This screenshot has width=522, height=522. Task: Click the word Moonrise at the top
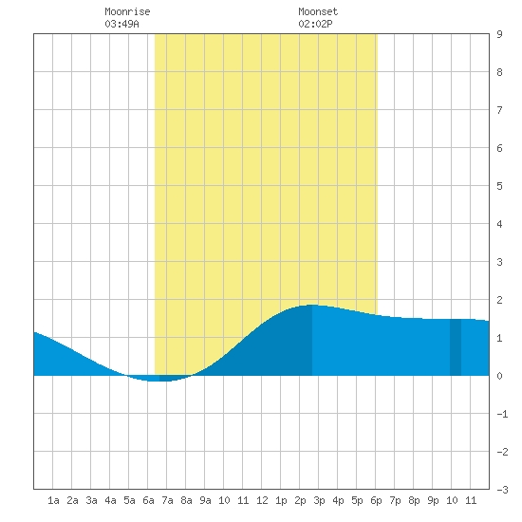click(127, 11)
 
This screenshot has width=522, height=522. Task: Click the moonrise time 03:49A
click(121, 24)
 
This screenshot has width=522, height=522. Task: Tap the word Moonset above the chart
click(318, 11)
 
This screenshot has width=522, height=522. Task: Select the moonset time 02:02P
click(315, 24)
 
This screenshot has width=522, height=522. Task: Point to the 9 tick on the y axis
click(499, 34)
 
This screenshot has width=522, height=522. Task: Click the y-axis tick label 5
click(499, 186)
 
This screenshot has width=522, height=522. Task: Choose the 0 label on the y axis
click(499, 376)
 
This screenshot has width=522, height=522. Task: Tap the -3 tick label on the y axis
click(502, 490)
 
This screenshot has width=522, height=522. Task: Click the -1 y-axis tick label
click(502, 414)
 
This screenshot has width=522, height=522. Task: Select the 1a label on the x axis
click(53, 500)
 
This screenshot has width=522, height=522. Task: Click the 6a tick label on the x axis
click(148, 500)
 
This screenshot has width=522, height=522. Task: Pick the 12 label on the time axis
click(262, 500)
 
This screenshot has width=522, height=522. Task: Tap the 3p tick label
click(319, 500)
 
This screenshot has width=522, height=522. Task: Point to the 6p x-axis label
click(376, 500)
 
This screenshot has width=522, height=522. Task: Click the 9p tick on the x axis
click(433, 500)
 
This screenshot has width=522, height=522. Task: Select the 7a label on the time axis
click(167, 500)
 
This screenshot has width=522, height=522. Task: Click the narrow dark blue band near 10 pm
click(456, 347)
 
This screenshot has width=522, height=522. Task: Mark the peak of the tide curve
click(312, 305)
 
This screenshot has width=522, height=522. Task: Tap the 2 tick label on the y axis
click(499, 300)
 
